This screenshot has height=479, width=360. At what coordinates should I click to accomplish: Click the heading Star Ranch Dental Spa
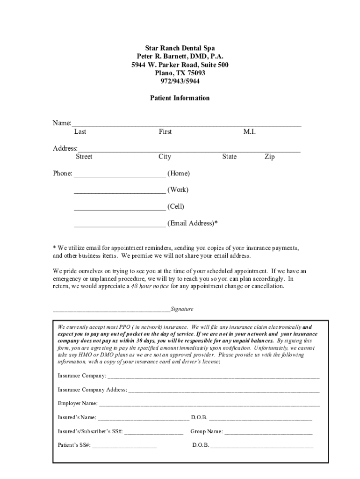click(x=180, y=48)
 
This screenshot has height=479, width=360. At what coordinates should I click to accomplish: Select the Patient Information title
click(x=180, y=98)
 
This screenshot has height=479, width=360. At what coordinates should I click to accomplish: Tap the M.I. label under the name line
click(x=249, y=132)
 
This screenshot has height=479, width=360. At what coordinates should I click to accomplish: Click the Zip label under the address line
click(x=269, y=157)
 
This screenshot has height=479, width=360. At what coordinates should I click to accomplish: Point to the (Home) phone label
click(x=179, y=174)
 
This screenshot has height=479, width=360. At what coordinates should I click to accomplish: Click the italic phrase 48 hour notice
click(x=150, y=286)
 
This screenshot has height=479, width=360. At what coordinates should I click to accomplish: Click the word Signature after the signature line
click(x=182, y=309)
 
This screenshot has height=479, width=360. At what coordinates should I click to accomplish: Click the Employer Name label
click(x=78, y=403)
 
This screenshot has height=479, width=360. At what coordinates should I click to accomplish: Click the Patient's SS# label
click(x=74, y=445)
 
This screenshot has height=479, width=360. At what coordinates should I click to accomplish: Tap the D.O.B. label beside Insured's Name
click(x=199, y=417)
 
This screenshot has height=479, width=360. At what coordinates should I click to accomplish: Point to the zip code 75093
click(x=194, y=73)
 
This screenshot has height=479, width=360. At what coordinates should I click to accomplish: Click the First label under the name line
click(x=165, y=132)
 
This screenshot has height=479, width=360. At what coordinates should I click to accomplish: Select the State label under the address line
click(x=229, y=157)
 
